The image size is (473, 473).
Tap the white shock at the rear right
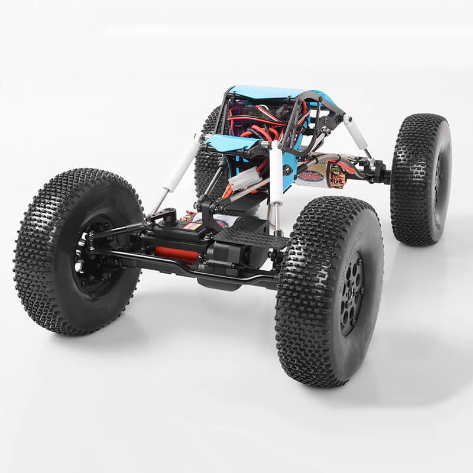(356, 132)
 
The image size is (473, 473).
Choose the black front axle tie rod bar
(195, 266)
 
